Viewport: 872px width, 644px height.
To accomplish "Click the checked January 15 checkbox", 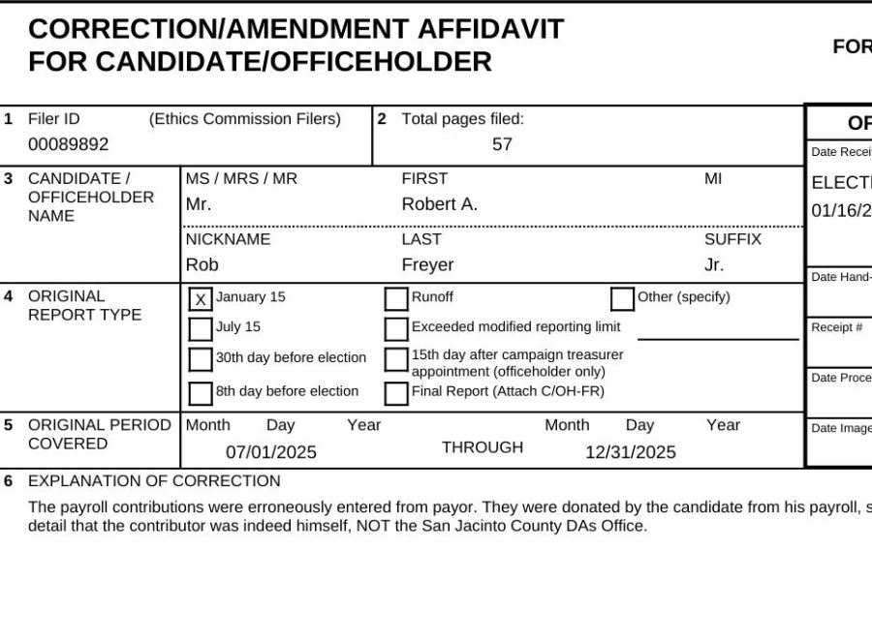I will pyautogui.click(x=201, y=299).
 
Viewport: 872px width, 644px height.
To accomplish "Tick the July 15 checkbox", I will pyautogui.click(x=201, y=329).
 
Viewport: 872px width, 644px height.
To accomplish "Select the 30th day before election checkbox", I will pyautogui.click(x=201, y=360).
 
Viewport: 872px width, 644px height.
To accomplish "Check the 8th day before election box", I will pyautogui.click(x=201, y=393).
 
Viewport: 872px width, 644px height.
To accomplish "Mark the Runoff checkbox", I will pyautogui.click(x=396, y=299).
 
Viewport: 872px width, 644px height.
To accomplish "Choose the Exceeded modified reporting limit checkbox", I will pyautogui.click(x=396, y=329).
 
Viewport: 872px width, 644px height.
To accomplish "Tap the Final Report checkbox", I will pyautogui.click(x=396, y=393).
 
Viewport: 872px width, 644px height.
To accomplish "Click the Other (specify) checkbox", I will pyautogui.click(x=622, y=299).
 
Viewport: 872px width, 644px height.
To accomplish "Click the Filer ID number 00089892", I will pyautogui.click(x=68, y=144).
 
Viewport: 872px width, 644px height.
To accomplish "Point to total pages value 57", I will pyautogui.click(x=502, y=144).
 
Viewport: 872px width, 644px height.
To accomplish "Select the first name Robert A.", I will pyautogui.click(x=440, y=204).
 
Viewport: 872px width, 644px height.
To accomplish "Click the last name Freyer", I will pyautogui.click(x=427, y=264).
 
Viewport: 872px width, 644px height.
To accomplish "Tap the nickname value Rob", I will pyautogui.click(x=202, y=264).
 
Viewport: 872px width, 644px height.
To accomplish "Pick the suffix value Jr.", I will pyautogui.click(x=714, y=264).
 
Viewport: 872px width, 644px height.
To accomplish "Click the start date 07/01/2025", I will pyautogui.click(x=271, y=452).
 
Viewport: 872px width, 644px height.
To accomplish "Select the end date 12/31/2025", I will pyautogui.click(x=631, y=452).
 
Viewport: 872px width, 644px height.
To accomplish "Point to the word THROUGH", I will pyautogui.click(x=483, y=447).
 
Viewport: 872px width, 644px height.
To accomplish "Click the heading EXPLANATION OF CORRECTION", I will pyautogui.click(x=154, y=481).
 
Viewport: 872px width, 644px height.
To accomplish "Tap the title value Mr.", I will pyautogui.click(x=198, y=204).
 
